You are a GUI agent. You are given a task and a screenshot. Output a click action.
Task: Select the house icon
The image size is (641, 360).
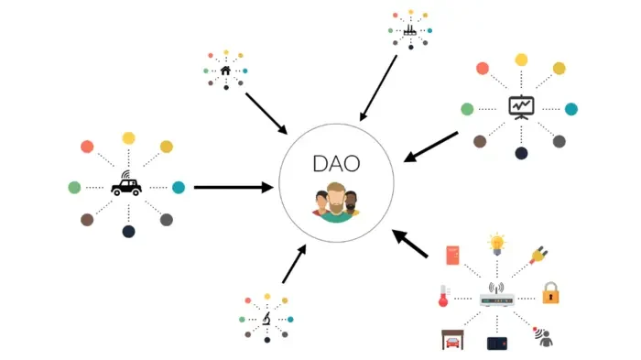click(x=225, y=69)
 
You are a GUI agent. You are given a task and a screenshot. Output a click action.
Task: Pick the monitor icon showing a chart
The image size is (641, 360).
click(x=521, y=107)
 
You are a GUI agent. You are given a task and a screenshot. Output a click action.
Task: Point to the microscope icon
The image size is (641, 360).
click(x=266, y=320)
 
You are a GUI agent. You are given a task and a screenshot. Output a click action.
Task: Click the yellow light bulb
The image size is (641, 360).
click(x=497, y=244)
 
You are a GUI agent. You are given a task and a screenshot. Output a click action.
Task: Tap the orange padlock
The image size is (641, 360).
click(x=550, y=293)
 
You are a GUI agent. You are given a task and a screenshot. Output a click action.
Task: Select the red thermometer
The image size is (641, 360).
click(x=442, y=296)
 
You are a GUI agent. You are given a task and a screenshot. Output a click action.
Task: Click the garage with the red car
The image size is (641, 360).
click(x=451, y=339)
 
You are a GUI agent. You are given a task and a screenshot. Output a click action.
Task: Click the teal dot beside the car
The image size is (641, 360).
click(x=179, y=187)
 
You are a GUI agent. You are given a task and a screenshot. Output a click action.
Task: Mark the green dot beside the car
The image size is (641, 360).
click(x=74, y=187)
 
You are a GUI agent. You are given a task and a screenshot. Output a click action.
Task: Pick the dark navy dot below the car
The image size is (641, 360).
click(x=128, y=232)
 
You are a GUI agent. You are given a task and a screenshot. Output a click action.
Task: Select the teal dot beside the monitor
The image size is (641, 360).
click(x=571, y=109)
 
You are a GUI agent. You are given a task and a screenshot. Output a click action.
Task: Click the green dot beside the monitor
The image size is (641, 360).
click(x=467, y=109)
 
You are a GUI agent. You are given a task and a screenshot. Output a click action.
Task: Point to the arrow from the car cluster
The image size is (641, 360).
click(x=234, y=187)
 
